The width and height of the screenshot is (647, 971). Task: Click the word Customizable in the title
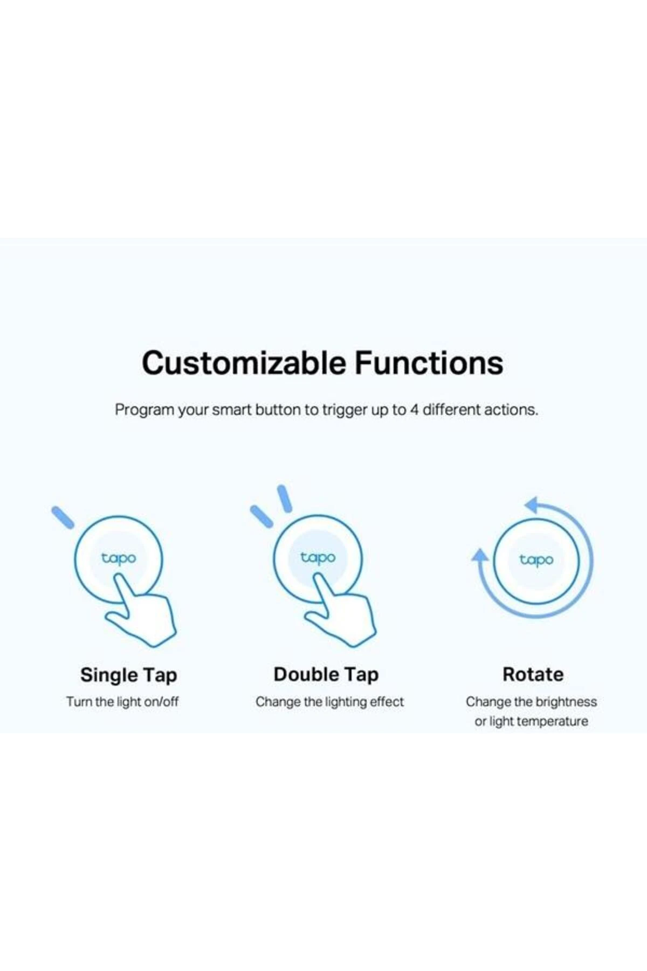[x=244, y=363]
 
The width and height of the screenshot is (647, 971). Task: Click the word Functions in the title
[x=429, y=363]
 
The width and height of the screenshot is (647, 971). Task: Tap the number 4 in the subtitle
[x=414, y=410]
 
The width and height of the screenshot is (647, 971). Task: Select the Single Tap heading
[x=129, y=675]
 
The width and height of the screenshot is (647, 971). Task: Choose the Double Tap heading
[x=326, y=675]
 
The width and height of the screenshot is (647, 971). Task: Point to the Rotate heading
[x=533, y=674]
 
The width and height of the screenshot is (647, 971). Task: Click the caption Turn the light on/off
[x=122, y=702]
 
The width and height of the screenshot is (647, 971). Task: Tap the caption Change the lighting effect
[x=329, y=702]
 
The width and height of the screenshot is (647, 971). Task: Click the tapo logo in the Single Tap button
[x=119, y=559]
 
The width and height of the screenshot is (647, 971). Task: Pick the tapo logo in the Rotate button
[x=536, y=560]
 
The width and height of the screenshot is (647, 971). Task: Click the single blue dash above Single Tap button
[x=63, y=517]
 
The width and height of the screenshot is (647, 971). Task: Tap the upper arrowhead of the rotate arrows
[x=533, y=505]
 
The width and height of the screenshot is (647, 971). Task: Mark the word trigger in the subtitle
[x=345, y=411]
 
